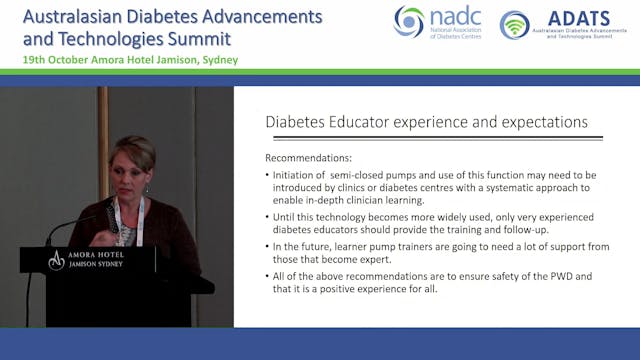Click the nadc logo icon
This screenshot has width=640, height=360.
[408, 21]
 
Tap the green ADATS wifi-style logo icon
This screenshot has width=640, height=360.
[514, 25]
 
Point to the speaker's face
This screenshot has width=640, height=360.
[131, 166]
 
